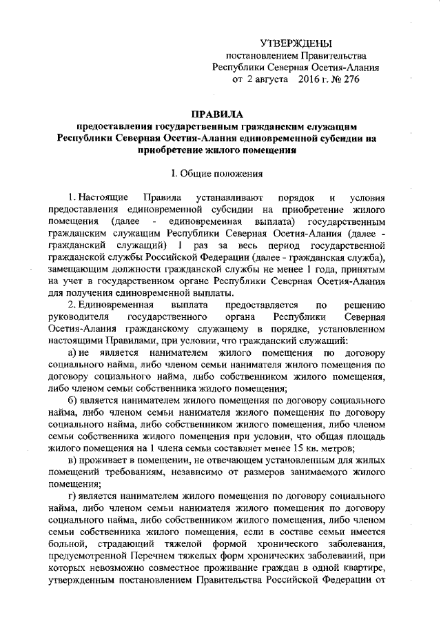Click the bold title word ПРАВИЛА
point(220,114)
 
